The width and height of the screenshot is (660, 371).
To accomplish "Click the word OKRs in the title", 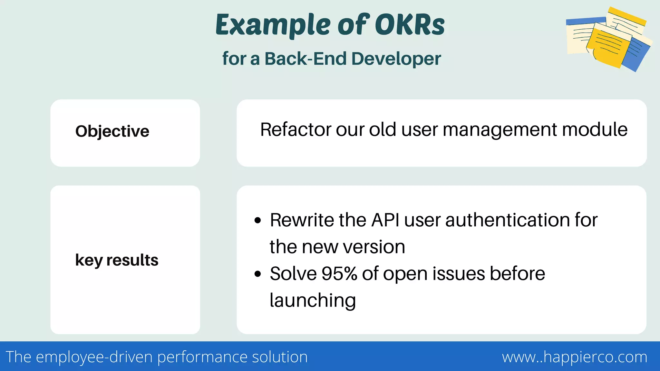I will (410, 25).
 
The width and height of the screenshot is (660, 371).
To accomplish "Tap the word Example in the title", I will (273, 25).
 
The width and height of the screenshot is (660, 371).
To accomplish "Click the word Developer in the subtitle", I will (396, 59).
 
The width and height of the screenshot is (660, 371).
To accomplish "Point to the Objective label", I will (112, 131).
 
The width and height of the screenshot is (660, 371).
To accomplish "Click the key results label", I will (117, 260).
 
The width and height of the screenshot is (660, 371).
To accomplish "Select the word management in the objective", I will (500, 129).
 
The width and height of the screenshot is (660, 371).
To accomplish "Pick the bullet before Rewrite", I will (257, 221).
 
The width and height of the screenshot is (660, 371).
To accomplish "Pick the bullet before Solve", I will (257, 274).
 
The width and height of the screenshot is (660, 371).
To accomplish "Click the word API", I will (385, 220).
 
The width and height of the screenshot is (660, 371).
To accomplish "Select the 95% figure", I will (339, 274).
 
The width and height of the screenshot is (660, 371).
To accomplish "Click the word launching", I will (313, 300).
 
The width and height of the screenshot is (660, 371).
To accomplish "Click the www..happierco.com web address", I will (575, 357).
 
